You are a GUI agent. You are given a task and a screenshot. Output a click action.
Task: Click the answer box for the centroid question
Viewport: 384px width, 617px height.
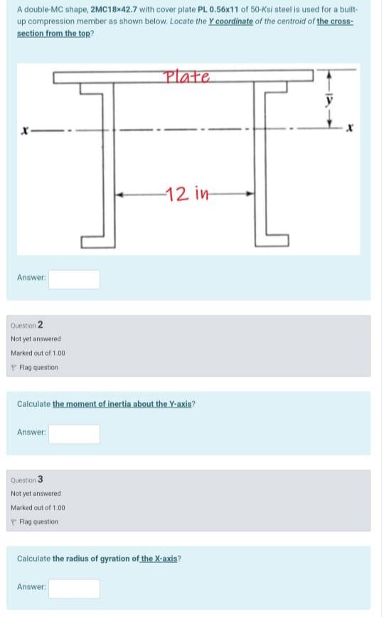pos(74,279)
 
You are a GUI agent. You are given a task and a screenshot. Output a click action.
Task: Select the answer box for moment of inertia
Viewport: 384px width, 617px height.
pos(74,433)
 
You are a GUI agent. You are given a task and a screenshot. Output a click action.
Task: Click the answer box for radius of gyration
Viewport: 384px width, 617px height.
pos(74,588)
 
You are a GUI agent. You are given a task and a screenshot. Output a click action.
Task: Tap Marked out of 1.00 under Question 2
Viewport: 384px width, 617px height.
pos(38,353)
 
